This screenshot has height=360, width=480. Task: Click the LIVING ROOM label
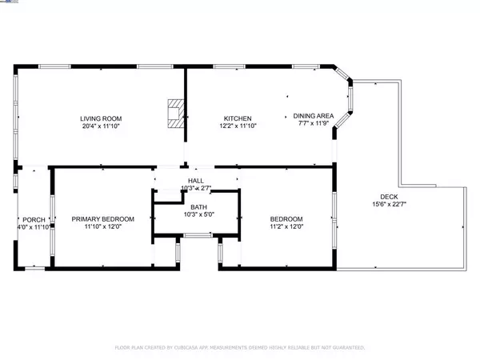(x=101, y=118)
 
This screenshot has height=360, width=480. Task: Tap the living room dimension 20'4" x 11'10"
(x=101, y=126)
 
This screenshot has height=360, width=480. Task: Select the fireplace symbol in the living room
(x=174, y=113)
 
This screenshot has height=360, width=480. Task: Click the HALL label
(x=195, y=182)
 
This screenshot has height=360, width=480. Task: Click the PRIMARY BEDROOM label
(x=102, y=219)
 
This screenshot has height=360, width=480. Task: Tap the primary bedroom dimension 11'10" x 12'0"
(x=102, y=226)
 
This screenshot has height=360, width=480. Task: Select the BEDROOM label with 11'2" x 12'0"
(x=286, y=219)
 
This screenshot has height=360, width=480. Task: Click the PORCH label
(x=34, y=220)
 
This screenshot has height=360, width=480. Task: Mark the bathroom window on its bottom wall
(x=197, y=235)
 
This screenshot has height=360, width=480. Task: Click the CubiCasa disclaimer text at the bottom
(x=240, y=348)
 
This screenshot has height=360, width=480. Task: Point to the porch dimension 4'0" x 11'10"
(x=34, y=227)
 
